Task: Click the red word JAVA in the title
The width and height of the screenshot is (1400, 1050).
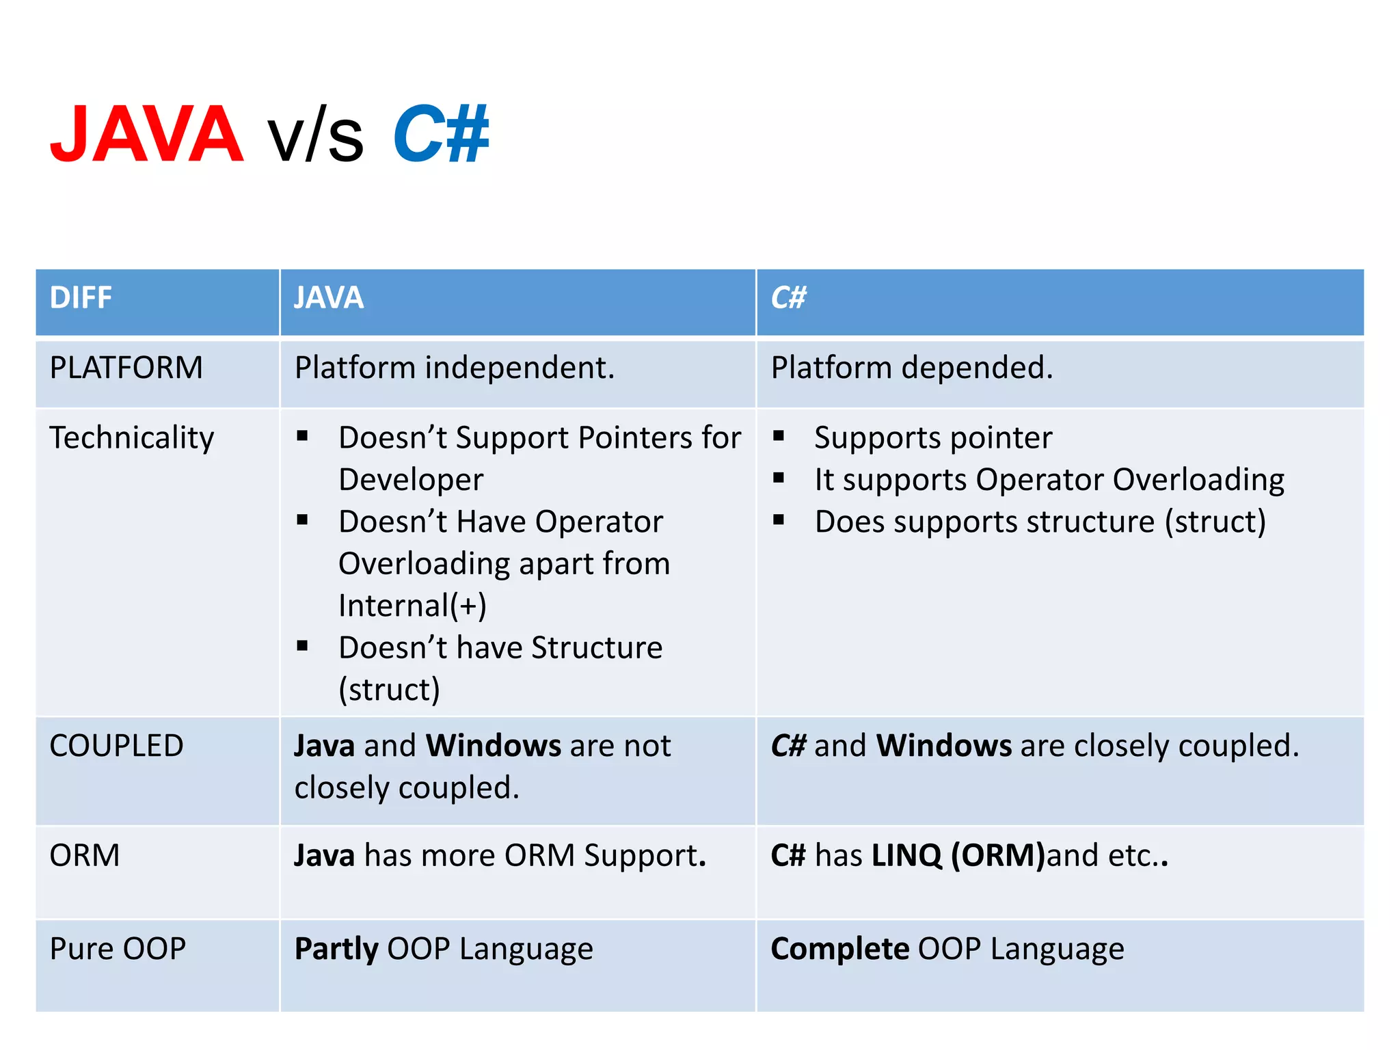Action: tap(147, 134)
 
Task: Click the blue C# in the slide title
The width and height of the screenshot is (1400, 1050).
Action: tap(441, 134)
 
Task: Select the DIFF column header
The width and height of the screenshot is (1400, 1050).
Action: tap(81, 298)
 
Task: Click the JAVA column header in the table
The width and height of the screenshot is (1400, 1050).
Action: tap(329, 298)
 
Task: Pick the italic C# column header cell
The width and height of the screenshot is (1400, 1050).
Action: tap(788, 298)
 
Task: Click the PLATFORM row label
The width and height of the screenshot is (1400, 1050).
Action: tap(126, 368)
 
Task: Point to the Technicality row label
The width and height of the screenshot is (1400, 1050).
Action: tap(132, 437)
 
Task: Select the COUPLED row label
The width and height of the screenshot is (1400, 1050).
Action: tap(117, 745)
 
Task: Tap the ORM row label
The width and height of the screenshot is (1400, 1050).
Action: tap(85, 855)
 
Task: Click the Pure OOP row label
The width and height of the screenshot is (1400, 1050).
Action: tap(118, 949)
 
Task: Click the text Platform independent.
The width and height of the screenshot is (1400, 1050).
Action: tap(455, 368)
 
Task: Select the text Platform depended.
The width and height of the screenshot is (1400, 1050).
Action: tap(912, 368)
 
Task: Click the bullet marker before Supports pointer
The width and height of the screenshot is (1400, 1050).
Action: tap(779, 435)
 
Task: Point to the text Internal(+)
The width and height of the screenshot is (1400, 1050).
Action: tap(412, 606)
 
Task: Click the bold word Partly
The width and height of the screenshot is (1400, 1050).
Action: tap(336, 949)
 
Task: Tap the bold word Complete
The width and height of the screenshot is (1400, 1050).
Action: tap(840, 949)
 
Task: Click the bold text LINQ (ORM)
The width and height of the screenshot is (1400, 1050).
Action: tap(958, 855)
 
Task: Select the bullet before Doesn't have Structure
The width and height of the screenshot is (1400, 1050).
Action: tap(303, 645)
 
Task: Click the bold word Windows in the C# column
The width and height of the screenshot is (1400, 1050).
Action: tap(944, 745)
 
